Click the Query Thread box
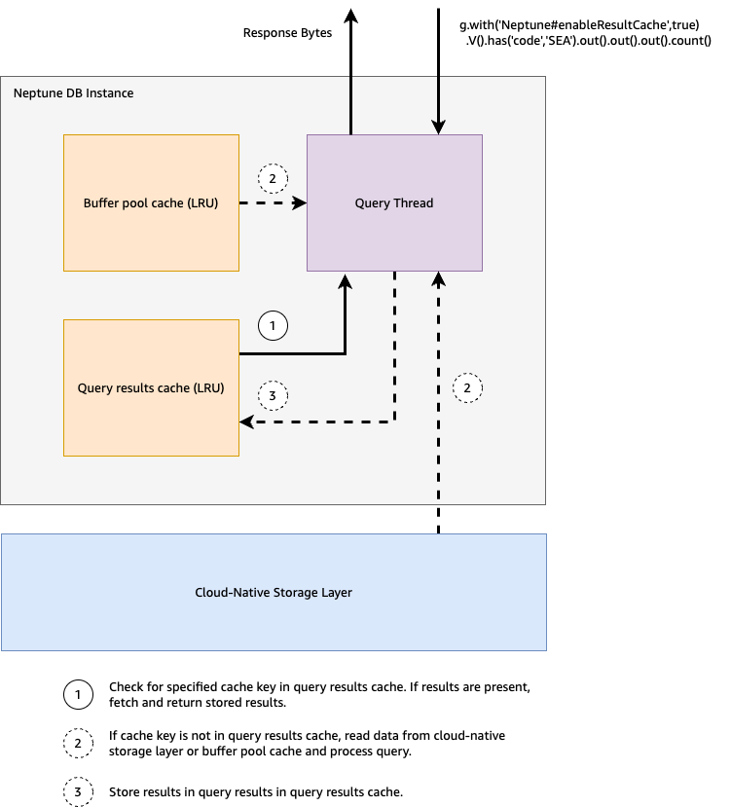tap(394, 202)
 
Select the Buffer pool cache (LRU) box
tap(151, 202)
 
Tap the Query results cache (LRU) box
tap(151, 387)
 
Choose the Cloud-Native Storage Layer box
tap(274, 592)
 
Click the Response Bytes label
tap(287, 33)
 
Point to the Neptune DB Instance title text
tap(73, 93)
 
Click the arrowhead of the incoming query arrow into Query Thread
tap(439, 127)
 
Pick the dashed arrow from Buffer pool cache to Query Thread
tap(273, 203)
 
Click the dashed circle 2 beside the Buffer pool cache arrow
tap(274, 178)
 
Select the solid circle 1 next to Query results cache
tap(274, 327)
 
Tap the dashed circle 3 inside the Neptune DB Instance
tap(274, 395)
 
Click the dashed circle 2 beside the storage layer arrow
tap(467, 387)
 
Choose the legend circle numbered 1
tap(78, 693)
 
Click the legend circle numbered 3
tap(78, 791)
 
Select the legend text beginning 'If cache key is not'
tap(307, 743)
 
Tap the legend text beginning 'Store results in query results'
tap(255, 791)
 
